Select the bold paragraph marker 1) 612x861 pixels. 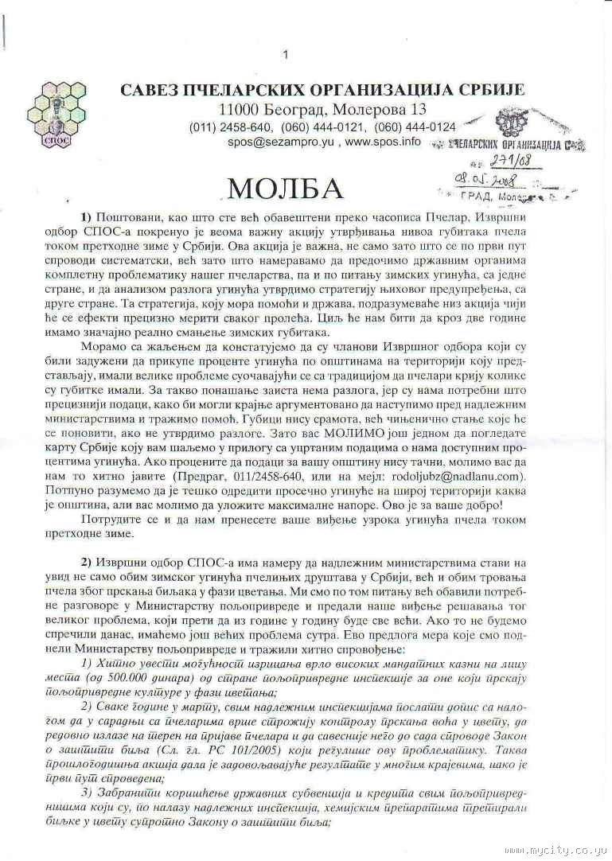tap(87, 217)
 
